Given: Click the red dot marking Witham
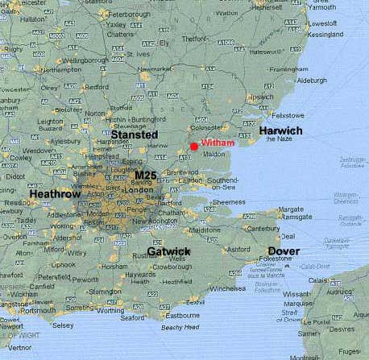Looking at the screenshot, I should (193, 145).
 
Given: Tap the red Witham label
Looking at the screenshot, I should (217, 143).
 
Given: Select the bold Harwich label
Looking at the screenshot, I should (280, 130).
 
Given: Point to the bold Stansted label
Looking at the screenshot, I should (134, 135).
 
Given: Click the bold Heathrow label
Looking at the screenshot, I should (56, 194).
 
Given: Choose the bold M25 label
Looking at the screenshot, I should (148, 175).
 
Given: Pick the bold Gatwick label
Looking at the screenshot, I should (169, 252).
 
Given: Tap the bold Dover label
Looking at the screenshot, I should (284, 251).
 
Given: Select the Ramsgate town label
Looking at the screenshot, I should (299, 217).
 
